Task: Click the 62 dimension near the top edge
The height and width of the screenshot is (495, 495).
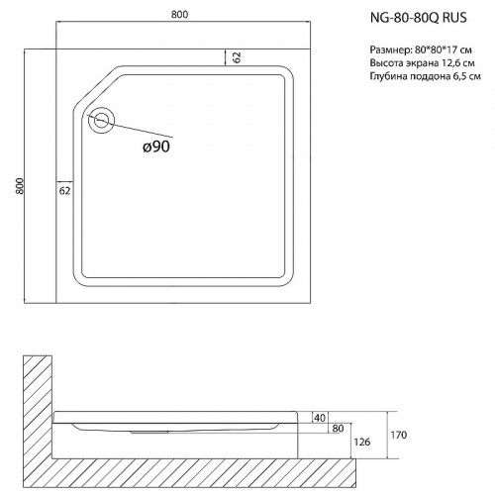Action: click(x=238, y=57)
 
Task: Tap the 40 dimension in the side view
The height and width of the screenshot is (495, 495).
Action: click(x=319, y=417)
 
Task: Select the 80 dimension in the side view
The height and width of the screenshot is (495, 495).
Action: click(x=338, y=428)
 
